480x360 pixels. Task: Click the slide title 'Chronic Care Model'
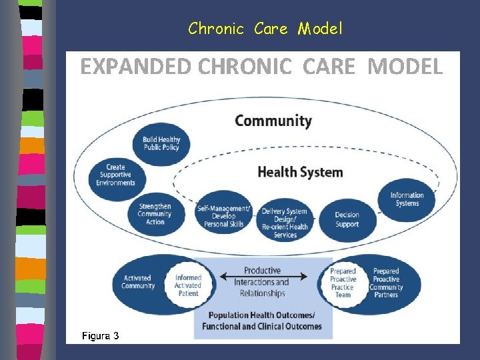click(x=265, y=29)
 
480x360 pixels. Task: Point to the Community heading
click(x=273, y=121)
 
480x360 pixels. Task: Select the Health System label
click(x=300, y=172)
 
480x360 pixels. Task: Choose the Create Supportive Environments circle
click(x=115, y=175)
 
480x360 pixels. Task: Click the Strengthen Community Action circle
click(x=154, y=214)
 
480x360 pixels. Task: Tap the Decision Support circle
click(x=347, y=219)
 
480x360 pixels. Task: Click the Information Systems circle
click(x=407, y=199)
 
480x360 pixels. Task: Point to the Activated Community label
click(x=138, y=282)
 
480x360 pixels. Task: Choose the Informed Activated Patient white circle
click(x=188, y=285)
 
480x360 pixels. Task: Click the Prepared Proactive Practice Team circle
click(x=343, y=283)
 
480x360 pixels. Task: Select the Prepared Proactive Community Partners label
click(x=387, y=283)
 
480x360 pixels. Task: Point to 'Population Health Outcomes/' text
click(x=262, y=315)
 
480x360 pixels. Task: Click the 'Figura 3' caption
click(x=100, y=335)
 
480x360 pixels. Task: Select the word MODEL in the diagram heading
click(x=405, y=67)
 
